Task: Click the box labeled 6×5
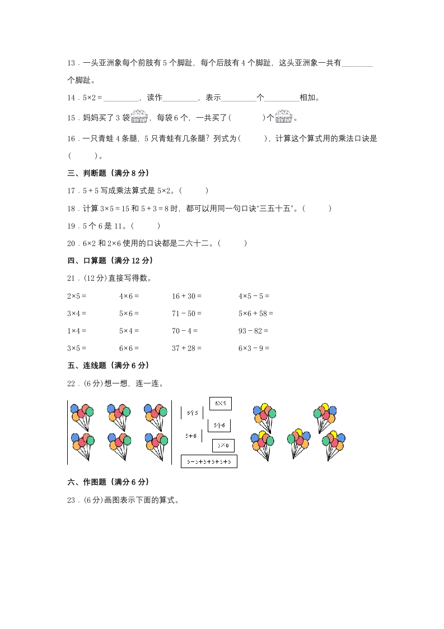(x=221, y=403)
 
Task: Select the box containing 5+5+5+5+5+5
(x=209, y=462)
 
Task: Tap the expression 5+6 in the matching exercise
(x=191, y=435)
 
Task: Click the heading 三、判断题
(x=108, y=173)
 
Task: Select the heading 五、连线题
(x=108, y=366)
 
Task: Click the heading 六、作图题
(x=108, y=482)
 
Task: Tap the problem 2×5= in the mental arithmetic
(x=77, y=296)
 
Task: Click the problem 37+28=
(x=186, y=348)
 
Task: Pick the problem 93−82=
(x=253, y=331)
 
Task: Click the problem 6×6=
(x=129, y=348)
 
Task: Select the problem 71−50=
(x=186, y=313)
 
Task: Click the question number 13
(x=71, y=63)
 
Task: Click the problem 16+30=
(x=186, y=296)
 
